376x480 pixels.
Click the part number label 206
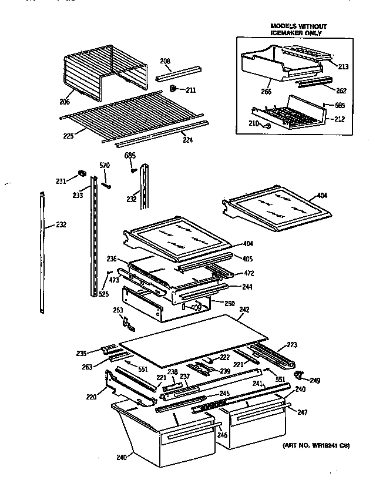point(65,102)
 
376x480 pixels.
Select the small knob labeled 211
point(174,89)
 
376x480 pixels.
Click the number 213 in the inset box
point(343,67)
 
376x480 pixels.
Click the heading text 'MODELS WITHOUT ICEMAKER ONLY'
point(298,30)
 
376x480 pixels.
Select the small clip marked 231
point(82,174)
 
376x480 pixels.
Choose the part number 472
point(249,273)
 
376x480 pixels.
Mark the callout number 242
point(244,309)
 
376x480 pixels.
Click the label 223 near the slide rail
point(293,345)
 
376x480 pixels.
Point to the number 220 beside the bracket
point(90,397)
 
